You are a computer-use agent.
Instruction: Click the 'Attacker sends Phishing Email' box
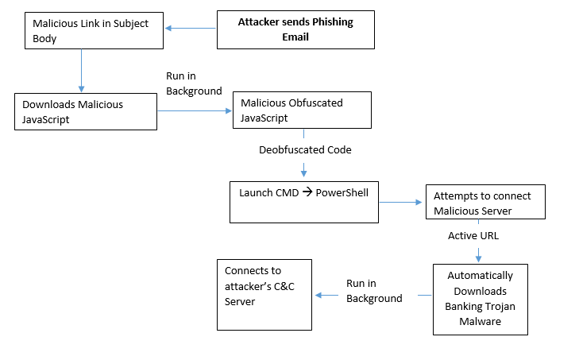point(295,29)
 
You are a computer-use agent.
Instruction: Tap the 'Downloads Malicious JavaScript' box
point(86,111)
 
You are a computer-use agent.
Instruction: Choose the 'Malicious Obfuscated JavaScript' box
point(301,110)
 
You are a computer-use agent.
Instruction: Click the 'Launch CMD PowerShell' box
point(304,202)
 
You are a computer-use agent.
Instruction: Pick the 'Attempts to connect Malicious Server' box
point(484,203)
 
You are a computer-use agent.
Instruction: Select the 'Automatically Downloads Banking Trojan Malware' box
point(479,298)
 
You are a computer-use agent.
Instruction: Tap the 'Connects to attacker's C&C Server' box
point(264,294)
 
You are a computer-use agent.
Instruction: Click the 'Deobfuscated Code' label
point(305,149)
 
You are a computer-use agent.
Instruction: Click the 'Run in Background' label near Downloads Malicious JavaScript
point(193,83)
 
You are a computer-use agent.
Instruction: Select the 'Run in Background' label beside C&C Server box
point(373,291)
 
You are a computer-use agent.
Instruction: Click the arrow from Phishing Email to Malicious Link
point(190,29)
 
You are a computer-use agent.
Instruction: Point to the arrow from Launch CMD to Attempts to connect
point(402,202)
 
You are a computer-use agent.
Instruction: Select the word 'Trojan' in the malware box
point(496,306)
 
